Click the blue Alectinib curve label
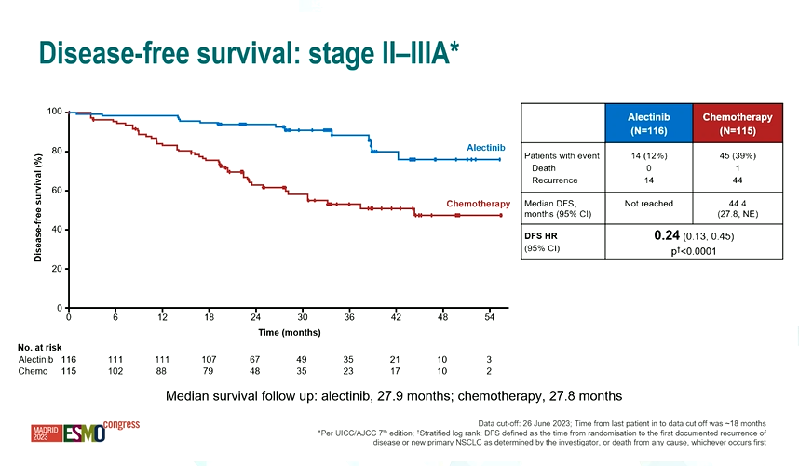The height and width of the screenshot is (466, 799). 485,148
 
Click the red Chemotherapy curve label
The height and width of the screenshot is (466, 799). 478,204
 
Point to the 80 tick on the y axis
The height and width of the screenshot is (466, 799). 56,151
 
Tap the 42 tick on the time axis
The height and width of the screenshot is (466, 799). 397,317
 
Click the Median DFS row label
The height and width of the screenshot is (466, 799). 551,202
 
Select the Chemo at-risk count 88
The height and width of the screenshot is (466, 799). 162,371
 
